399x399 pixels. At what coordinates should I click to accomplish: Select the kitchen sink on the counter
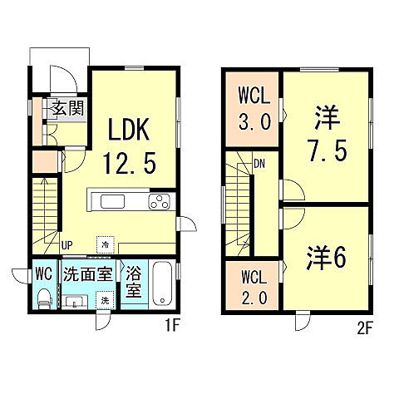111,201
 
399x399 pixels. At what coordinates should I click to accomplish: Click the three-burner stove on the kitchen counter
159,201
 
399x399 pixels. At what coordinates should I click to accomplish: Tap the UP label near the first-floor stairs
67,244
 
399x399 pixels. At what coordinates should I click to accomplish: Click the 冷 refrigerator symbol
105,244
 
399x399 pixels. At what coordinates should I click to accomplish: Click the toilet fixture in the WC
45,298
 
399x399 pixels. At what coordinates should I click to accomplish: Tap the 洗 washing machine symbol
106,299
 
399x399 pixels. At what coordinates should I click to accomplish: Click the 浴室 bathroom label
133,282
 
